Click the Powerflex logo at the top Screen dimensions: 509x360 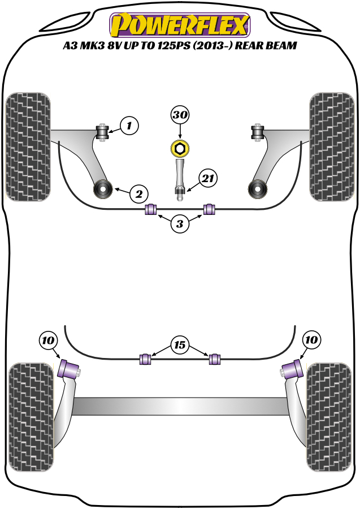180,24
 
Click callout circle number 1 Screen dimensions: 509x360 129,125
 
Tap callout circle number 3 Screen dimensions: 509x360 180,224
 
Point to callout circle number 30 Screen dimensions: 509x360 180,116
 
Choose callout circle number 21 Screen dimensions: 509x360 207,179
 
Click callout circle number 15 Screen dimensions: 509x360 180,344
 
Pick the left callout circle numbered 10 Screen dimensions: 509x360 48,340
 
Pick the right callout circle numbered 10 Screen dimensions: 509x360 311,340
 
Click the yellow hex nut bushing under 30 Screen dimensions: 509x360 180,149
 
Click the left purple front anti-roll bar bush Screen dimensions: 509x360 151,209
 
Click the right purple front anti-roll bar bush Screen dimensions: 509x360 210,209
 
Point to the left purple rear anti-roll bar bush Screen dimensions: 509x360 146,359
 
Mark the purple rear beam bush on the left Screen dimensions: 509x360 68,370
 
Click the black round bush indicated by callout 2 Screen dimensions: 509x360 104,188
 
